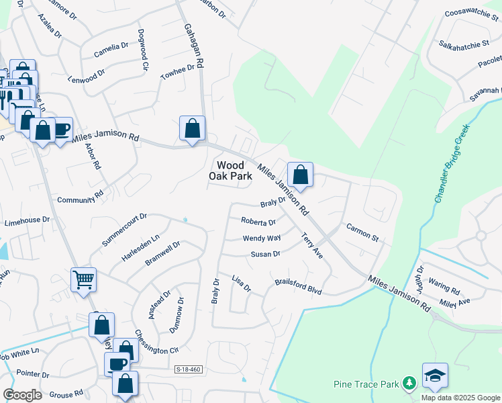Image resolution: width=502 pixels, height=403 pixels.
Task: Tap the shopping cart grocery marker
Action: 83,279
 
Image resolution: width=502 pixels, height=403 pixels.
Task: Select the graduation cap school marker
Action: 435,376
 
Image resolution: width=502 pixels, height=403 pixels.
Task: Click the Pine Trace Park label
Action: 366,385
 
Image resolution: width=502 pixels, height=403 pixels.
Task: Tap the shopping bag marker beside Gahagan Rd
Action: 192,128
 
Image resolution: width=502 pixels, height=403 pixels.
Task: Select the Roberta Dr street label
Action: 258,222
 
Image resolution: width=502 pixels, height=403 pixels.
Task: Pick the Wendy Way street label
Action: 262,238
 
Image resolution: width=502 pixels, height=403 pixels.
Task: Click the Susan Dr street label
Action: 265,254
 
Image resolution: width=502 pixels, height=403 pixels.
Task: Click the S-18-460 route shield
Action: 188,369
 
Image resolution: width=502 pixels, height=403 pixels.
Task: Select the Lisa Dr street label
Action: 240,283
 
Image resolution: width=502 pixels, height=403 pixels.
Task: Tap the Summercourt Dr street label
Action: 123,228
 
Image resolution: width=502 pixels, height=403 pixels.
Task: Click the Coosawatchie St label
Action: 472,13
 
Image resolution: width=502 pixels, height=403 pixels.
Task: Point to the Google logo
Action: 22,395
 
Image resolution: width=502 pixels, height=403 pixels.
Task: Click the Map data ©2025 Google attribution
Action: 460,397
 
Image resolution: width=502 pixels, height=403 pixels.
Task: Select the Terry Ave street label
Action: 312,246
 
